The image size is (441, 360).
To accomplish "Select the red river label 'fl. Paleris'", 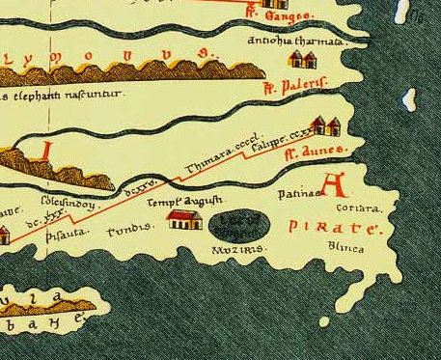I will pyautogui.click(x=296, y=84).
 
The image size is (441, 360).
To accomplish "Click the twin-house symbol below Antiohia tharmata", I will pyautogui.click(x=301, y=62).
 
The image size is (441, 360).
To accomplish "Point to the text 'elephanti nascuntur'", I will pyautogui.click(x=65, y=97).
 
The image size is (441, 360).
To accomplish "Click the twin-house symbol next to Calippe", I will pyautogui.click(x=327, y=126).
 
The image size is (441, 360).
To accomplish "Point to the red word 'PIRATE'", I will pyautogui.click(x=326, y=229).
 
